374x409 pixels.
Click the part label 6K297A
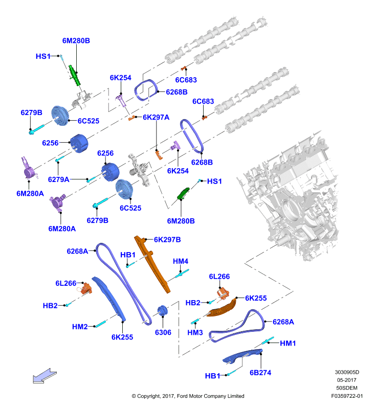(156, 118)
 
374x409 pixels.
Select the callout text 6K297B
(167, 239)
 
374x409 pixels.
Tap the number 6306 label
(163, 332)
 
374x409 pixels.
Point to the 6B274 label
(260, 373)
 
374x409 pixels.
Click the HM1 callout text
(288, 343)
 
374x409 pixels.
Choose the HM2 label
(80, 327)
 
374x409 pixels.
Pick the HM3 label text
(195, 333)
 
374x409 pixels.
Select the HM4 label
(181, 261)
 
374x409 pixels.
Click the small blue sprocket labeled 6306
(162, 310)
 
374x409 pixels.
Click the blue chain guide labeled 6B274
(243, 356)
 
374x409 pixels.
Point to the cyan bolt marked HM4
(182, 274)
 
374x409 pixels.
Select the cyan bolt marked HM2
(100, 324)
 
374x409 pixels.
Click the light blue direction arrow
(45, 376)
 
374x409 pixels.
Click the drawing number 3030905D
(347, 372)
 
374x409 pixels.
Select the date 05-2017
(346, 380)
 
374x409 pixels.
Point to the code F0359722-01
(347, 396)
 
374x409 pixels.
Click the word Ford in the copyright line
(182, 396)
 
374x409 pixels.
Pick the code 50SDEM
(346, 388)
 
